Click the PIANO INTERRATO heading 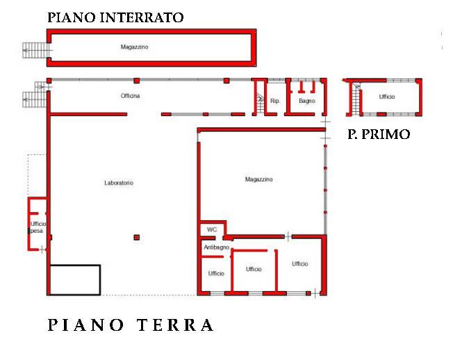[x=115, y=18]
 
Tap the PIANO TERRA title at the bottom [x=131, y=325]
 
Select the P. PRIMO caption [x=379, y=134]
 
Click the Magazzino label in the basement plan [x=135, y=47]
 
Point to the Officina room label [x=130, y=96]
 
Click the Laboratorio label [x=119, y=183]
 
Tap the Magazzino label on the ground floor [x=259, y=179]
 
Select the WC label [x=211, y=229]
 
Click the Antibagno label [x=216, y=247]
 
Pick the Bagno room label [x=307, y=101]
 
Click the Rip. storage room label [x=275, y=101]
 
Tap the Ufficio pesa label [x=38, y=227]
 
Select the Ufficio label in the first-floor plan [x=387, y=97]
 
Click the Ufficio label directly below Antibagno [x=216, y=273]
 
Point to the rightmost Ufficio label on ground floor [x=300, y=264]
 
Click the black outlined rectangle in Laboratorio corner [x=75, y=279]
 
